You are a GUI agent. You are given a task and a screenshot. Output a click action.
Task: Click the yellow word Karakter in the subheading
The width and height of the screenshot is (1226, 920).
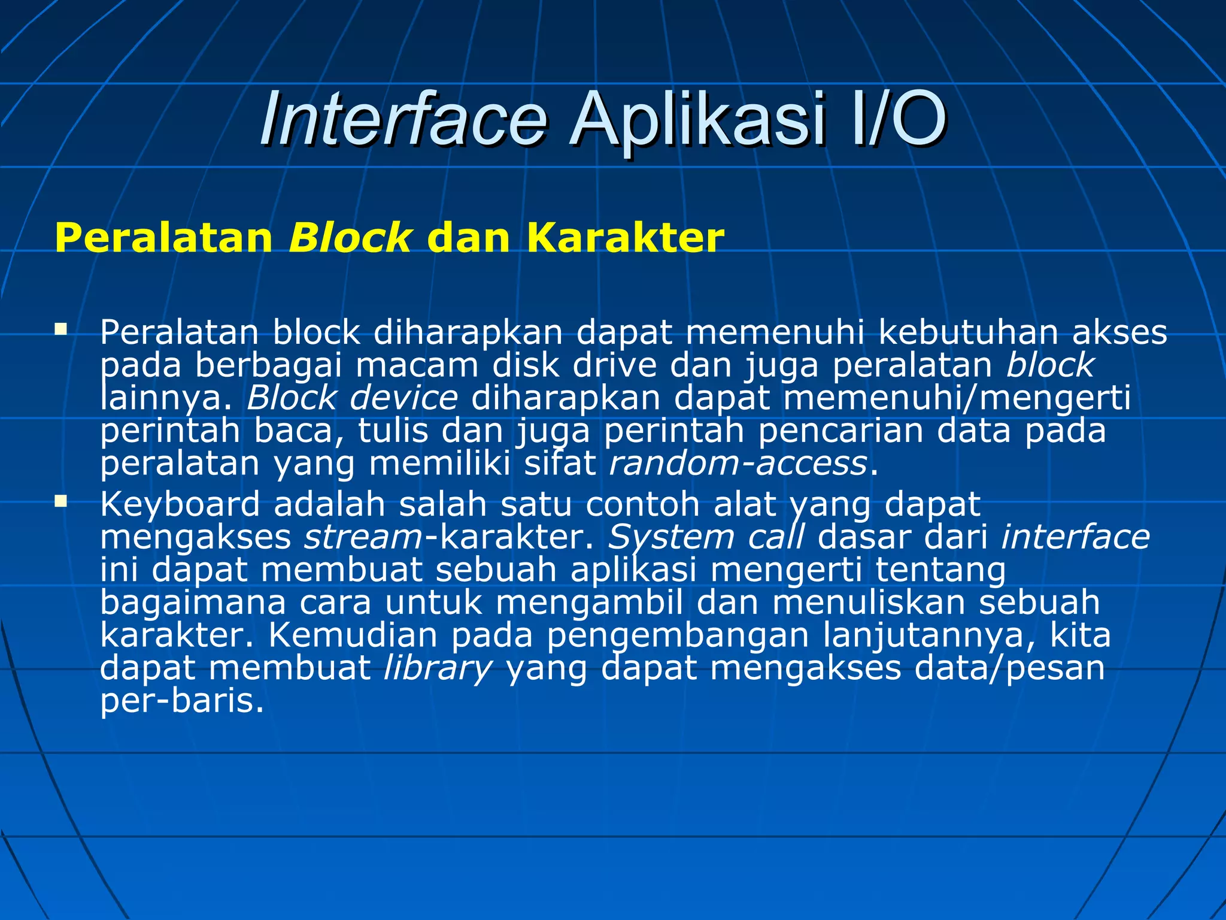pyautogui.click(x=626, y=238)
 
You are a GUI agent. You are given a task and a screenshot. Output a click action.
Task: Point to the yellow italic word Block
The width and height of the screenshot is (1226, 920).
pyautogui.click(x=350, y=238)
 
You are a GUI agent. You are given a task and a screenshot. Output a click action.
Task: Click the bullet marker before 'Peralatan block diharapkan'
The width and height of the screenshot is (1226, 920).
pyautogui.click(x=60, y=329)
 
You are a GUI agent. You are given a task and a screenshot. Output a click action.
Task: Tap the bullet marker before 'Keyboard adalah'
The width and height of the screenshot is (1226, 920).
pyautogui.click(x=60, y=500)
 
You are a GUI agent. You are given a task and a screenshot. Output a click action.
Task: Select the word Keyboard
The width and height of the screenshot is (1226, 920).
pyautogui.click(x=180, y=505)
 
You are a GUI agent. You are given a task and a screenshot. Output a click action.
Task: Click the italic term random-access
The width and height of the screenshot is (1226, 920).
pyautogui.click(x=738, y=464)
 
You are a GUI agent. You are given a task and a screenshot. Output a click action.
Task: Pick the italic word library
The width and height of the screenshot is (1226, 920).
pyautogui.click(x=438, y=668)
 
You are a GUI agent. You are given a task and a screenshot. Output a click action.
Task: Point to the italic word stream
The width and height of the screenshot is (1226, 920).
pyautogui.click(x=363, y=537)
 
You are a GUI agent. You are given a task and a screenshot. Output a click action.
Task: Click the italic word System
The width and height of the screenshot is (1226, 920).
pyautogui.click(x=670, y=537)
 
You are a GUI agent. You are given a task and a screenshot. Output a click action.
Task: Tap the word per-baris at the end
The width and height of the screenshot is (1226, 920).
pyautogui.click(x=181, y=701)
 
